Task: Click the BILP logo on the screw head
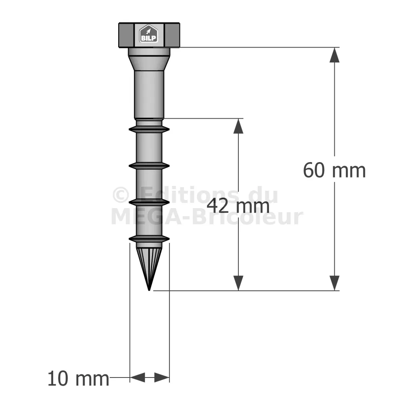coord(148,33)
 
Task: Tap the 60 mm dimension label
coord(334,170)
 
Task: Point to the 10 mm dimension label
coord(78,379)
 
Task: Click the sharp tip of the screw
coord(149,290)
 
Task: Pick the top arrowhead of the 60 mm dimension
coord(334,55)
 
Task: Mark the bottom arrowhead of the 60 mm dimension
coord(334,283)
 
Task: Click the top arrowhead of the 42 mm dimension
coord(238,126)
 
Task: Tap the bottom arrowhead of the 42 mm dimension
coord(238,283)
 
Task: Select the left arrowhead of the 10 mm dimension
coord(138,377)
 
